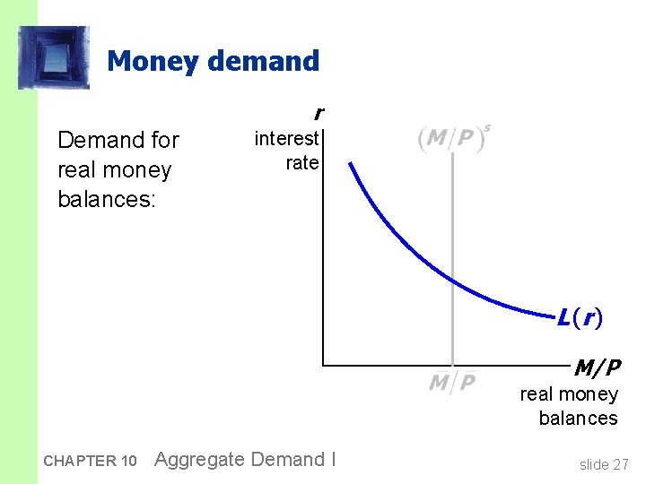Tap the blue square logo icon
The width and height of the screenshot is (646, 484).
54,57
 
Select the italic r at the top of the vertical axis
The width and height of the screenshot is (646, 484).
318,114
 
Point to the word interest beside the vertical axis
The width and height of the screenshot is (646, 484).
286,138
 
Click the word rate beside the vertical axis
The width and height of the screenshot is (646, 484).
302,162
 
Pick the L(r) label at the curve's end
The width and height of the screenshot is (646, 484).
579,316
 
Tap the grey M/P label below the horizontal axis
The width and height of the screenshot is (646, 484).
451,383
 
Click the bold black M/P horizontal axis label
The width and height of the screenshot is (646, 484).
597,367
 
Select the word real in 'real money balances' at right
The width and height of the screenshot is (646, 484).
537,394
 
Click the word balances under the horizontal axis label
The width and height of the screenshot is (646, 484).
578,418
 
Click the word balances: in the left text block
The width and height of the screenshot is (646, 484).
107,198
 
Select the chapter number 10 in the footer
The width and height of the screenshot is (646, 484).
127,462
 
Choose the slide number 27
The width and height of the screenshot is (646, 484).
619,464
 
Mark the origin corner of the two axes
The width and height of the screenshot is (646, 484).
323,366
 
